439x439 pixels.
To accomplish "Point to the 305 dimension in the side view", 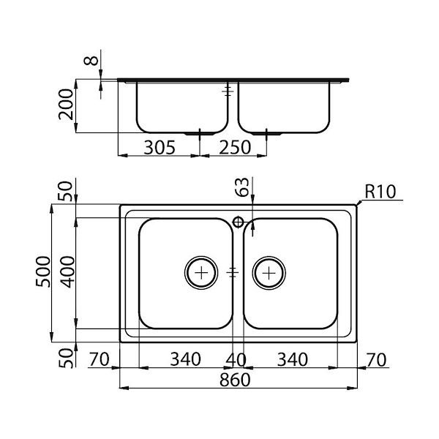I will pos(159,148).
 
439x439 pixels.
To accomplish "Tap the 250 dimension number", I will pos(235,148).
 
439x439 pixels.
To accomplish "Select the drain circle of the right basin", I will pos(269,272).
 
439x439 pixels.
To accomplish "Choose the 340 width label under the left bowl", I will pos(184,360).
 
